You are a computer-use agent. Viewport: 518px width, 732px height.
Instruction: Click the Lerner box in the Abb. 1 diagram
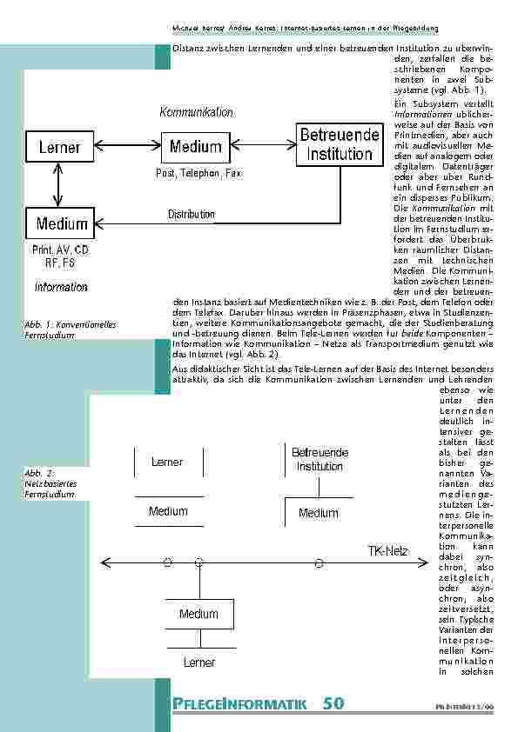click(59, 147)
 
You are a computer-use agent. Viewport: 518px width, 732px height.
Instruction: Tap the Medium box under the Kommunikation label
click(195, 146)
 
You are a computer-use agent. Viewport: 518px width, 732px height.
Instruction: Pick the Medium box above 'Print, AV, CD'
click(62, 224)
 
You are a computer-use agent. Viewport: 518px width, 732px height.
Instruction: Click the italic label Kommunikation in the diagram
click(196, 113)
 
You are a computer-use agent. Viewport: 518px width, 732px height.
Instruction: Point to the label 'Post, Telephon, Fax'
click(198, 174)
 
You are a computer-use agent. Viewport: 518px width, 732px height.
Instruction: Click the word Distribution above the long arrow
click(191, 214)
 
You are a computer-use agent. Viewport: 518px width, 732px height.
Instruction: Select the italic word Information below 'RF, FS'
click(61, 286)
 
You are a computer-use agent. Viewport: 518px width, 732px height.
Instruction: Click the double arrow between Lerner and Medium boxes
click(127, 145)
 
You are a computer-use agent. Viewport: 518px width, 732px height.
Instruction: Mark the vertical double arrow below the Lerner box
click(57, 185)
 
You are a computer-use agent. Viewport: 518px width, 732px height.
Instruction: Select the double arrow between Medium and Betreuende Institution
click(261, 145)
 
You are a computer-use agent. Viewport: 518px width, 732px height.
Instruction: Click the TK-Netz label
click(387, 551)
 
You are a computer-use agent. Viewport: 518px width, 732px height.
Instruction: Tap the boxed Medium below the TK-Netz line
click(198, 615)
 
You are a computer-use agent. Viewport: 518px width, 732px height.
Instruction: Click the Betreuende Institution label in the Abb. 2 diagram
click(320, 460)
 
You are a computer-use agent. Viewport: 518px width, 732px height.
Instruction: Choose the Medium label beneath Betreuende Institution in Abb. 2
click(319, 513)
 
